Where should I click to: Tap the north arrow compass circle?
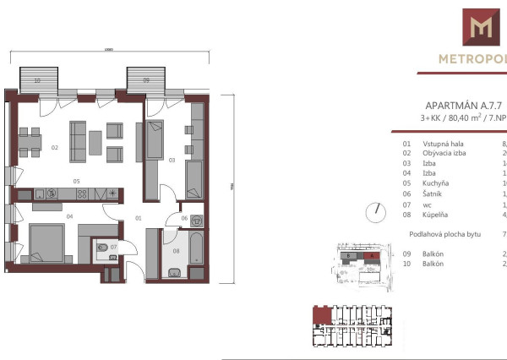[374, 212]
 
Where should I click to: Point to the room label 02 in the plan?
[54, 148]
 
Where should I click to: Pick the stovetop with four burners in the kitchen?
[82, 194]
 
